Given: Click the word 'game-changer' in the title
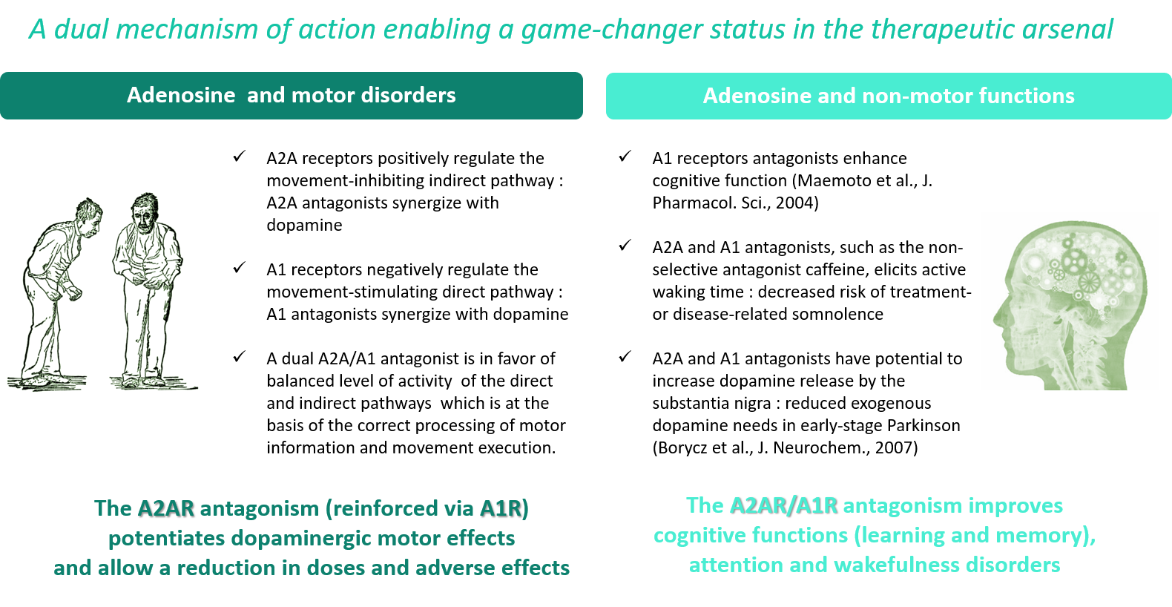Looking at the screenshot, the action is tap(610, 29).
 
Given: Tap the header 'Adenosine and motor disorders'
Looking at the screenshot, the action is tap(292, 95).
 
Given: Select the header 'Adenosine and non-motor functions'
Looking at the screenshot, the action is tap(889, 96).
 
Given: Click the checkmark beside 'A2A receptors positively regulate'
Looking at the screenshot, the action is tap(240, 156).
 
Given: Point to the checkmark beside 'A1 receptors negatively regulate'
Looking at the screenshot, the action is tap(240, 267).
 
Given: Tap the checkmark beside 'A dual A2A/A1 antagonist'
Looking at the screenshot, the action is tap(240, 356).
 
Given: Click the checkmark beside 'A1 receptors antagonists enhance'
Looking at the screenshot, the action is tap(625, 156).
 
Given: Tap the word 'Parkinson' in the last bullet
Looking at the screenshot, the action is tap(924, 425).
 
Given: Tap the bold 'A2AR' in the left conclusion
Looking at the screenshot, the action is tap(166, 508).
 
